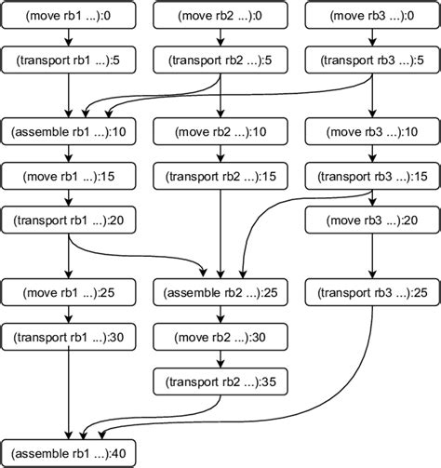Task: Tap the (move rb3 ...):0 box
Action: click(x=372, y=15)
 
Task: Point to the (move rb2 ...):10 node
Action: click(x=219, y=130)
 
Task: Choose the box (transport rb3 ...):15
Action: click(x=372, y=175)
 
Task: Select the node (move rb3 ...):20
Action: click(x=372, y=220)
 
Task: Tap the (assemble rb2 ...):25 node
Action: click(x=219, y=293)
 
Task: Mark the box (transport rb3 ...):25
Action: click(x=372, y=293)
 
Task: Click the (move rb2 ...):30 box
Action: click(x=219, y=338)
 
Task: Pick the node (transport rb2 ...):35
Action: click(x=219, y=381)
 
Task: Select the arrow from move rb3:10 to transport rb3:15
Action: click(x=372, y=153)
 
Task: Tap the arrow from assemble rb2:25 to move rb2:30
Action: click(x=219, y=315)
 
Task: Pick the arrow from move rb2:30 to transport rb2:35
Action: click(x=219, y=360)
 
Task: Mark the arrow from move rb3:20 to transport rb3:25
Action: click(x=372, y=256)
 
